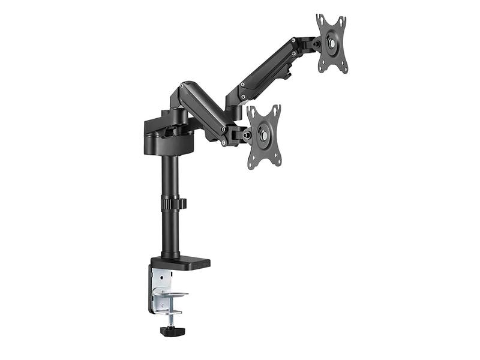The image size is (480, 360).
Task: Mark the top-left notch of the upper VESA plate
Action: (x=320, y=18)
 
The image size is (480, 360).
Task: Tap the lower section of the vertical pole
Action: (x=170, y=234)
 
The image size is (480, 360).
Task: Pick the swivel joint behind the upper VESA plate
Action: (x=311, y=43)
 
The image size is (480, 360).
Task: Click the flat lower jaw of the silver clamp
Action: (x=171, y=295)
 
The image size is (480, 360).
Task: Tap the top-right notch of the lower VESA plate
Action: (x=277, y=107)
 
